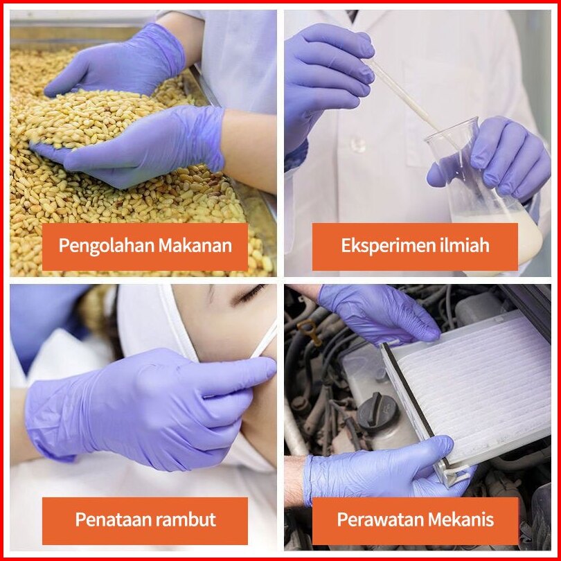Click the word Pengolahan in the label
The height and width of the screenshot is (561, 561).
click(x=106, y=246)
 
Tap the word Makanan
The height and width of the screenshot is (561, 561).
click(x=195, y=245)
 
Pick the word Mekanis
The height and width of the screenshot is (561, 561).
click(x=461, y=519)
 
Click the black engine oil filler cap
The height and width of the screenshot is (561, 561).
click(x=378, y=412)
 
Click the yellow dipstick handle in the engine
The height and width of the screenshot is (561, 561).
click(x=310, y=332)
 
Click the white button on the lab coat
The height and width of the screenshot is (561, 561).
click(x=358, y=144)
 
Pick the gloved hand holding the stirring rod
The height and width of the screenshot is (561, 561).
click(x=328, y=86)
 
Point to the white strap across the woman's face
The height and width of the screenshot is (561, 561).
click(x=264, y=340)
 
